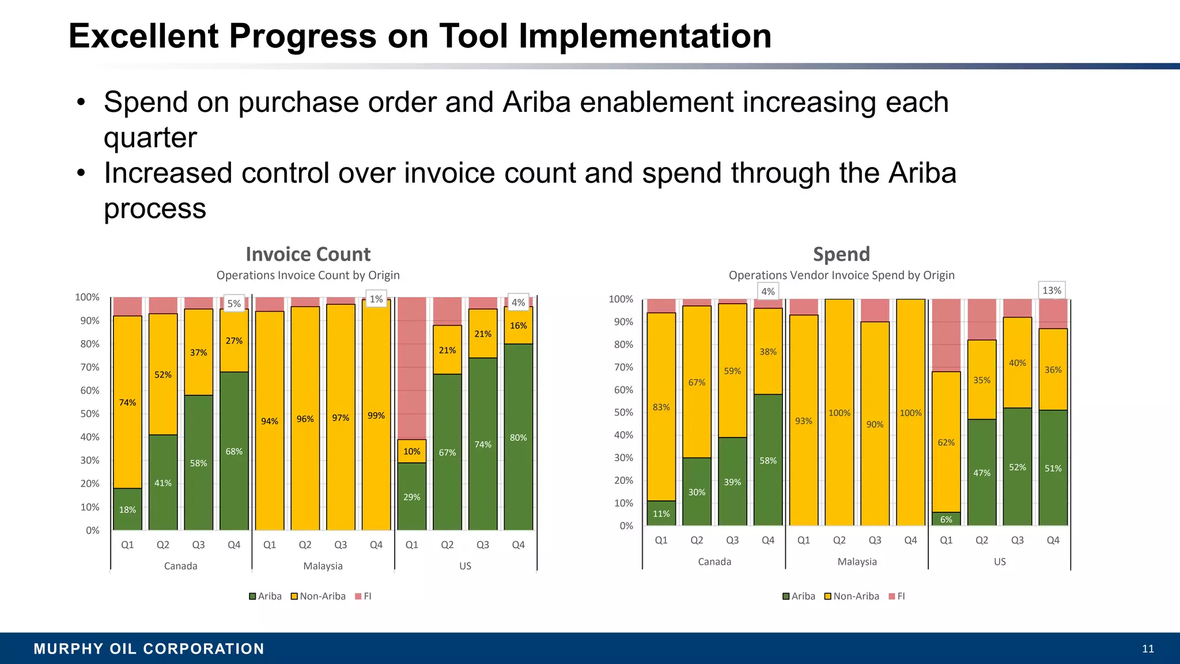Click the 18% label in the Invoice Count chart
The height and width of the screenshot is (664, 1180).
pyautogui.click(x=127, y=510)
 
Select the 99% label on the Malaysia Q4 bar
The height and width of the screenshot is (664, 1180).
pyautogui.click(x=376, y=416)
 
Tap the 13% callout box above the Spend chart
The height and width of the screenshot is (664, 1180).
pyautogui.click(x=1051, y=290)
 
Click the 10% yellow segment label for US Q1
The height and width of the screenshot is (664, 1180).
pyautogui.click(x=411, y=451)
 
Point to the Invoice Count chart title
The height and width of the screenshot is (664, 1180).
pyautogui.click(x=308, y=254)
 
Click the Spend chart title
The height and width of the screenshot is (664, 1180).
pyautogui.click(x=841, y=254)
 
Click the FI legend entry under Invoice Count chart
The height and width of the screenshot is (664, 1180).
pyautogui.click(x=364, y=596)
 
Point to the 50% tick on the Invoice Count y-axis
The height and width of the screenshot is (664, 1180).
pyautogui.click(x=89, y=414)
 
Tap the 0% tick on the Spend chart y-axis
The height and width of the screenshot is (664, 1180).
pyautogui.click(x=626, y=526)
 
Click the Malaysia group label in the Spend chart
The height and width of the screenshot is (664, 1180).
pyautogui.click(x=857, y=561)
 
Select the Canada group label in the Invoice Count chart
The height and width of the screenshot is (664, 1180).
pyautogui.click(x=180, y=566)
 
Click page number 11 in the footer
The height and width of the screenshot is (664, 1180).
pyautogui.click(x=1148, y=648)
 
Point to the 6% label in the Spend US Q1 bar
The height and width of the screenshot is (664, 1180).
pyautogui.click(x=946, y=519)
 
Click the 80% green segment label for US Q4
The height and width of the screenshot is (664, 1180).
pyautogui.click(x=518, y=437)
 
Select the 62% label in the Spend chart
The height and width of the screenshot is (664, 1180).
pyautogui.click(x=946, y=443)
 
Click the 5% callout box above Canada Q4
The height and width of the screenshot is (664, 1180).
pyautogui.click(x=234, y=304)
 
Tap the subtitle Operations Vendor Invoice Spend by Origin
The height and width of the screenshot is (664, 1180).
pyautogui.click(x=841, y=276)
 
